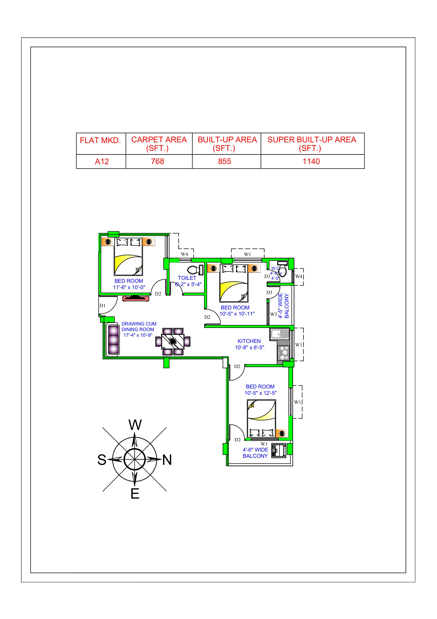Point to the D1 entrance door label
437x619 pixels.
pyautogui.click(x=103, y=306)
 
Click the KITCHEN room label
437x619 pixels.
pyautogui.click(x=249, y=341)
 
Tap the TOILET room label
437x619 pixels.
pyautogui.click(x=187, y=278)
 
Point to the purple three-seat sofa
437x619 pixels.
pyautogui.click(x=113, y=339)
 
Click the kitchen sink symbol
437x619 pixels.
pyautogui.click(x=279, y=334)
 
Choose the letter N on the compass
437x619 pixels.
pyautogui.click(x=167, y=460)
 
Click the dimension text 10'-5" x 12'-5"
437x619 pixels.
pyautogui.click(x=260, y=393)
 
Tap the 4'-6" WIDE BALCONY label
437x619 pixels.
pyautogui.click(x=255, y=453)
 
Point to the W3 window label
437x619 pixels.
pyautogui.click(x=273, y=314)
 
